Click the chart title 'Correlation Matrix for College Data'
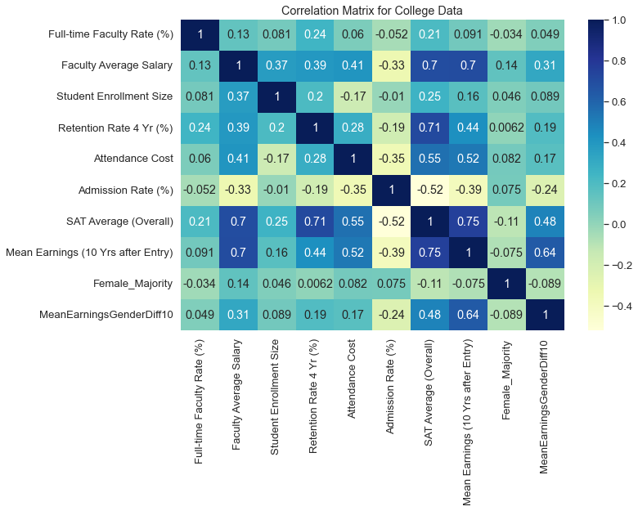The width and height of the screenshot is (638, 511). pos(372,11)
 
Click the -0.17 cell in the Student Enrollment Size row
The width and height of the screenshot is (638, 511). pos(354,96)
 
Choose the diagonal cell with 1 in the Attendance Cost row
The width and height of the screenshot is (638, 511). pos(354,159)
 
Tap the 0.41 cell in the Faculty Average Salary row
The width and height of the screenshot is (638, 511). pos(354,65)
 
